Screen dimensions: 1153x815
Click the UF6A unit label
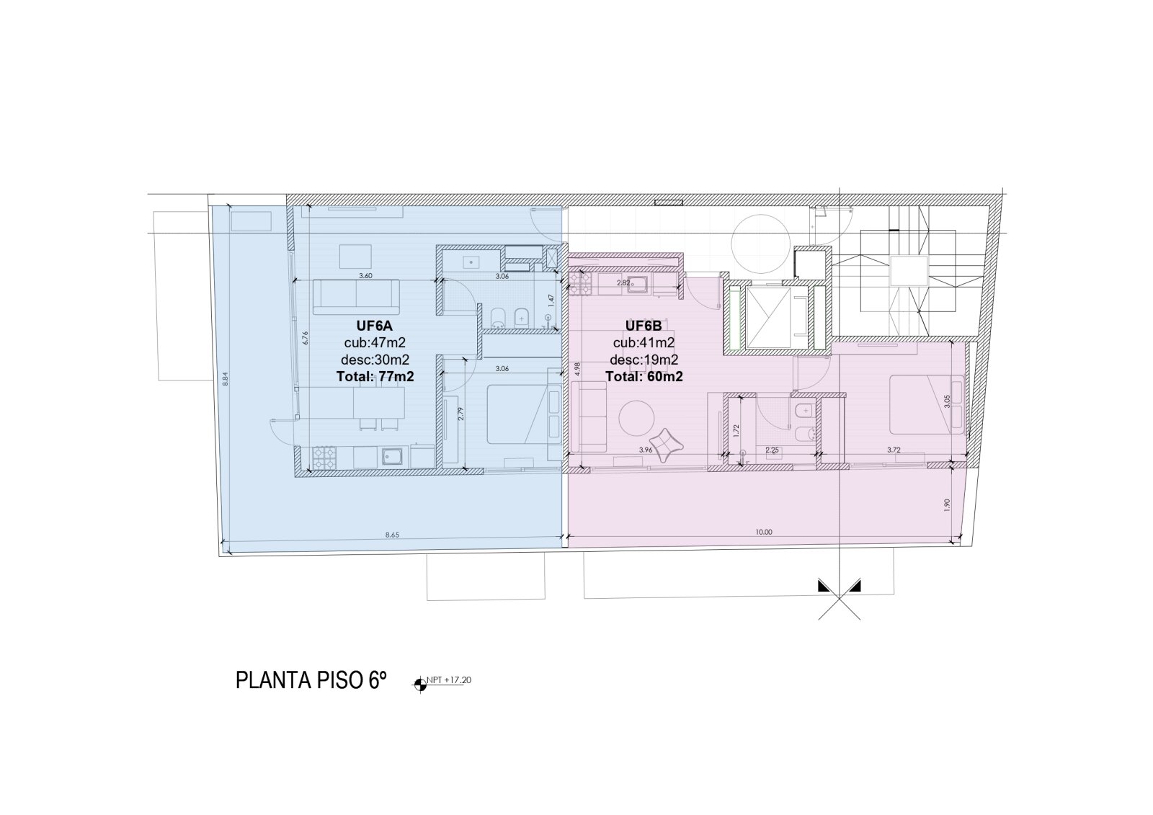pyautogui.click(x=375, y=326)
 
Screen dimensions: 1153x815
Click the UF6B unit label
pyautogui.click(x=644, y=326)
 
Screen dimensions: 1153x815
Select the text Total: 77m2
pyautogui.click(x=375, y=376)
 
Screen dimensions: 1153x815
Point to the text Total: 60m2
pyautogui.click(x=644, y=376)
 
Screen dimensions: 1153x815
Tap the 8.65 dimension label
pyautogui.click(x=392, y=535)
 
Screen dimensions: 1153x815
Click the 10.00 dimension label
pyautogui.click(x=764, y=533)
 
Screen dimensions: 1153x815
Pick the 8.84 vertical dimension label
pyautogui.click(x=225, y=379)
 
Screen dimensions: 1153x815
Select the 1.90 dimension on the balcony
pyautogui.click(x=948, y=505)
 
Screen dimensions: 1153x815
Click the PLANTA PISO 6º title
pyautogui.click(x=311, y=680)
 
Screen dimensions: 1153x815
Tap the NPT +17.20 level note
pyautogui.click(x=449, y=680)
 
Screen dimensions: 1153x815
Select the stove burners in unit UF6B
pyautogui.click(x=580, y=284)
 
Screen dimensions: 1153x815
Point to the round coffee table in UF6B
pyautogui.click(x=637, y=418)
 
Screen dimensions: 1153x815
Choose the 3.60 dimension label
pyautogui.click(x=365, y=276)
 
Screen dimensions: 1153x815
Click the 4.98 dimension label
pyautogui.click(x=577, y=369)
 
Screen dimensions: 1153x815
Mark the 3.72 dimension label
pyautogui.click(x=894, y=450)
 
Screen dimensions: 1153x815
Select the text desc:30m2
pyautogui.click(x=375, y=360)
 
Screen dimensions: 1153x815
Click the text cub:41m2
pyautogui.click(x=644, y=343)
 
